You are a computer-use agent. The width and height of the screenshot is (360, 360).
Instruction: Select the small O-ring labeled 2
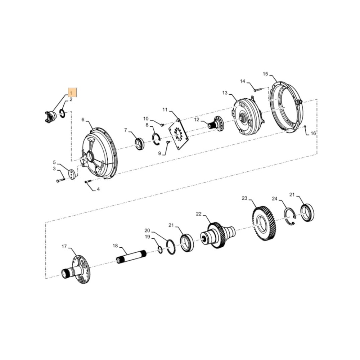click(62, 113)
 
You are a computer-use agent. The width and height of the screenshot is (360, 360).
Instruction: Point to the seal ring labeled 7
click(139, 144)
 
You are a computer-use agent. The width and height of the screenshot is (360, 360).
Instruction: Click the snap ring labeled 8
click(156, 139)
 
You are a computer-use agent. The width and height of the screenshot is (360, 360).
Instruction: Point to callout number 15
click(265, 74)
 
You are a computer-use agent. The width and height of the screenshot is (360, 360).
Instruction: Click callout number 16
click(313, 134)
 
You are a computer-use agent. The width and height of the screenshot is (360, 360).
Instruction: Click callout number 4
click(98, 189)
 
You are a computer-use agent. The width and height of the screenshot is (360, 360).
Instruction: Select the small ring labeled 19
click(160, 249)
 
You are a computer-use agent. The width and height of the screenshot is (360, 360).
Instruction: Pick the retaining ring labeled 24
click(290, 217)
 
